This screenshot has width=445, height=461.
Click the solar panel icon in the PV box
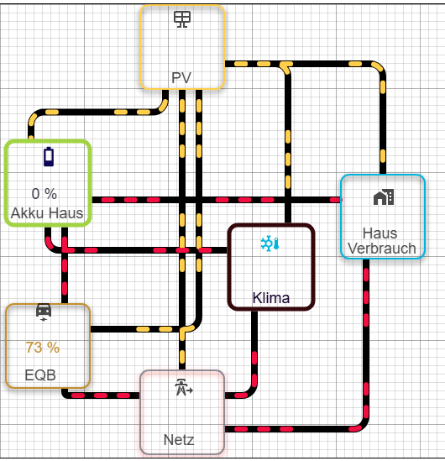click(x=182, y=19)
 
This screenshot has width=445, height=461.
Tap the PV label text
click(x=181, y=78)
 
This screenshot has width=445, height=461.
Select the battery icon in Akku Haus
click(x=49, y=157)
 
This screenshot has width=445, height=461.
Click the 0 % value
click(x=44, y=194)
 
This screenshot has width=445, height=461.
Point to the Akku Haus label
click(x=47, y=212)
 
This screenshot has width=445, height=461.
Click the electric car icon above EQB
click(x=44, y=312)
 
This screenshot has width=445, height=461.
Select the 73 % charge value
click(x=43, y=348)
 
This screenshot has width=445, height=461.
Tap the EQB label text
click(x=40, y=375)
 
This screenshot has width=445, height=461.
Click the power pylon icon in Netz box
click(x=184, y=387)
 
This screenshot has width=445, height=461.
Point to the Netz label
click(x=179, y=440)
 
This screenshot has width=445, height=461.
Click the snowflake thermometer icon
click(x=270, y=244)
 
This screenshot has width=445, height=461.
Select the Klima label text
click(x=271, y=298)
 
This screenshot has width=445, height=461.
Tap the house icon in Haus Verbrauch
click(x=384, y=197)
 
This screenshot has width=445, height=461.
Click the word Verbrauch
click(x=382, y=249)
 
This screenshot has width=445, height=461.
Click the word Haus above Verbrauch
click(x=380, y=233)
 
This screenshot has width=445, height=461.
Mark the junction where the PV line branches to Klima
click(x=285, y=65)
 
